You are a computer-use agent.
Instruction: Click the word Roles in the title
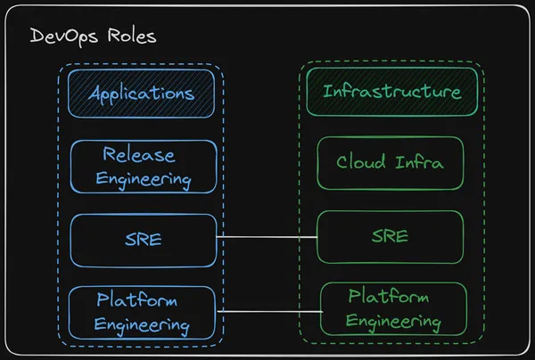point(128,37)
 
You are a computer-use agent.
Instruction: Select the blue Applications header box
point(143,93)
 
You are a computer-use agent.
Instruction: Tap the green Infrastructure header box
point(391,92)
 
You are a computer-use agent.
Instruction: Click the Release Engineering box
point(143,166)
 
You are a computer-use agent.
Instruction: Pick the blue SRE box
point(143,239)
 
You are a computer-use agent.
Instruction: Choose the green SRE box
point(391,236)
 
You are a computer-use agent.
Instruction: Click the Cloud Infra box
point(391,163)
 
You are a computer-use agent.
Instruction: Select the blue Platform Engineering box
point(143,312)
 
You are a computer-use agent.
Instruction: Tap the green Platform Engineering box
point(393,308)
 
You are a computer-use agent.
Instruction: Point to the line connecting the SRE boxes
point(267,237)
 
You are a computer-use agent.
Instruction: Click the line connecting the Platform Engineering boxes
point(267,310)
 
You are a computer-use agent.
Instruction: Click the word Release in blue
point(138,154)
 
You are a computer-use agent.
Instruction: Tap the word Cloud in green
point(361,163)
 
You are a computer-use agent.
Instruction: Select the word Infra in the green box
point(419,163)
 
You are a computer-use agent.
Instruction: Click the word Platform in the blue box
point(137,300)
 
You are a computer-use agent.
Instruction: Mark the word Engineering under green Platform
point(393,321)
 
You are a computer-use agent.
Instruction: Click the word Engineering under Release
point(143,178)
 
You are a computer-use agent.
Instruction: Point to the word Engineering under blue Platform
point(142,324)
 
